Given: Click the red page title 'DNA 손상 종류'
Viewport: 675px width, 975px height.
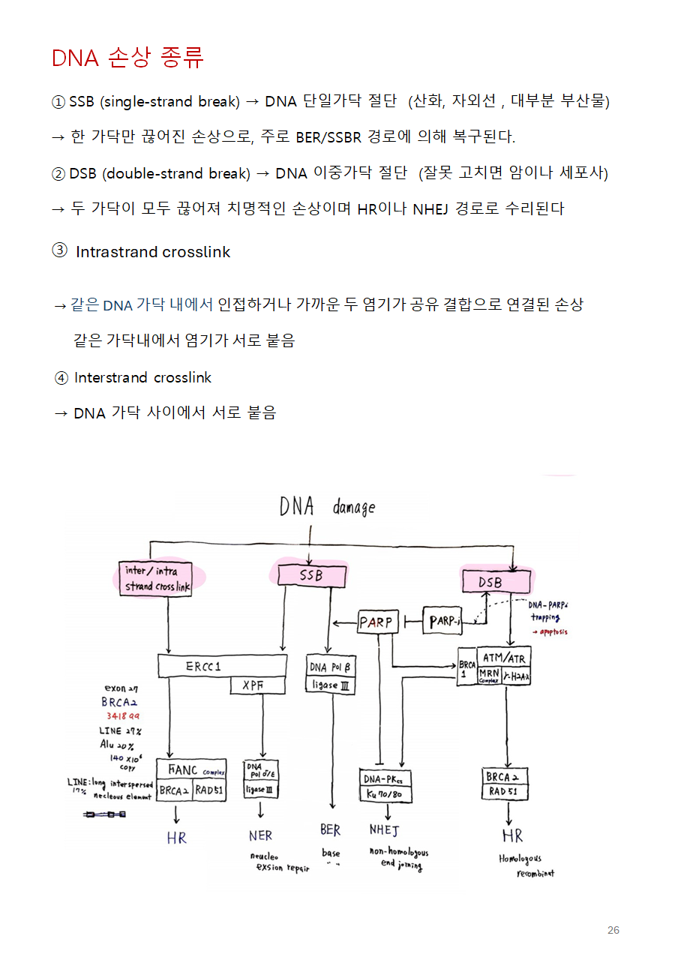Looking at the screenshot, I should point(127,58).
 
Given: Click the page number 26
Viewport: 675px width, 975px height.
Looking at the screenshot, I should point(613,931).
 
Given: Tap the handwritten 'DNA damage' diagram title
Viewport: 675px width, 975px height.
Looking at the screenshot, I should point(327,508).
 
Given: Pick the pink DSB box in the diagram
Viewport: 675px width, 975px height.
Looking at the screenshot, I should point(495,582).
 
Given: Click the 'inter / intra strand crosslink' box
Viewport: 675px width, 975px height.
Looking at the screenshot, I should point(155,579).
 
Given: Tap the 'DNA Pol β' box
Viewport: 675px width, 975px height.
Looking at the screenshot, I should point(330,665).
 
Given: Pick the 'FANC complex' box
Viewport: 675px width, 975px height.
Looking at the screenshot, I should point(191,769).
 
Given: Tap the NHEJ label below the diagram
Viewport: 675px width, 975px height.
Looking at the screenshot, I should point(384,830).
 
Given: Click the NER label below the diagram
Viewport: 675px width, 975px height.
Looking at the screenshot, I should point(260,835).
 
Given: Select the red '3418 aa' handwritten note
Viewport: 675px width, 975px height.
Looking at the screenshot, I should point(122,716).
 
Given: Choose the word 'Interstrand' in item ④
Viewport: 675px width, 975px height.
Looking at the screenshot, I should point(111,377).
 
